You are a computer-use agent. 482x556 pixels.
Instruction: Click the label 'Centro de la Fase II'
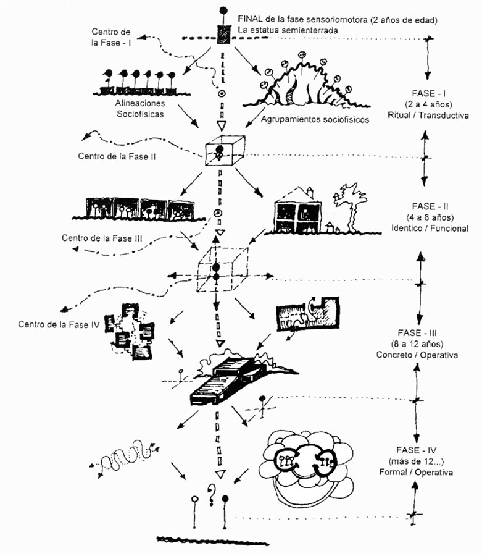point(117,156)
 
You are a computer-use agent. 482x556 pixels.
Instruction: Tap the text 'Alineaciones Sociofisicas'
point(140,109)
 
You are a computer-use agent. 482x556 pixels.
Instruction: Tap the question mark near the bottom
point(211,494)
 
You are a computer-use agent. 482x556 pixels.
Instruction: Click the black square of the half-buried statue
point(223,36)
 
